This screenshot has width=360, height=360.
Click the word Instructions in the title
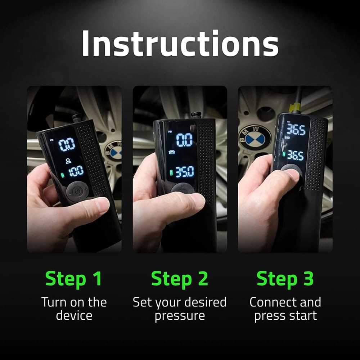click(180, 44)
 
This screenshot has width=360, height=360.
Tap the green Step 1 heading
click(74, 279)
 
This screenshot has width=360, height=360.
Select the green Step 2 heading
click(180, 279)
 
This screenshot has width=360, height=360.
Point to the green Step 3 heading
click(285, 279)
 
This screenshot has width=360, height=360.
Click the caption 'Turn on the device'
click(74, 309)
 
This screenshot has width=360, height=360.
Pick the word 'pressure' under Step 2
click(180, 316)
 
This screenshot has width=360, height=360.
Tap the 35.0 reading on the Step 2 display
click(185, 172)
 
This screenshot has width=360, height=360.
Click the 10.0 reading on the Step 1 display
click(76, 171)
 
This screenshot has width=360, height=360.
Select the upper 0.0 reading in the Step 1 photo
click(67, 144)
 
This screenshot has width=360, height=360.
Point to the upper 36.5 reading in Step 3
click(296, 130)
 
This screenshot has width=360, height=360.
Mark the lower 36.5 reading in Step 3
click(295, 156)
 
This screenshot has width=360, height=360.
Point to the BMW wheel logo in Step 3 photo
click(255, 137)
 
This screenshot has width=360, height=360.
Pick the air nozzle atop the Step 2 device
click(196, 116)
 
